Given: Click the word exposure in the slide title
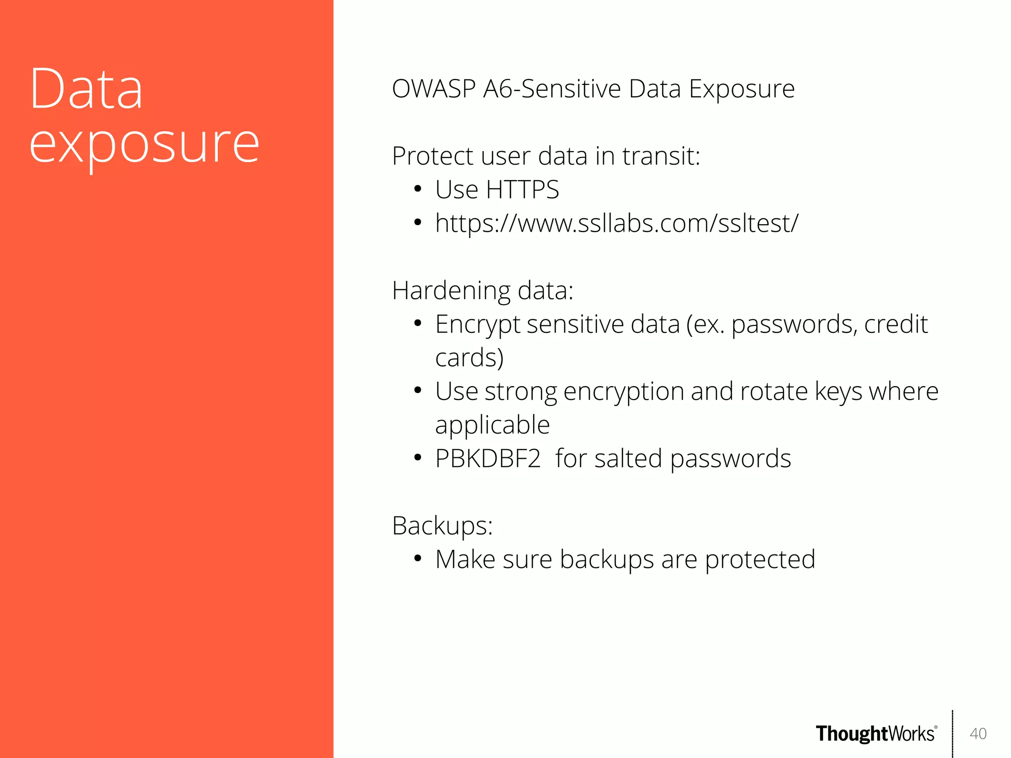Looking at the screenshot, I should tap(144, 144).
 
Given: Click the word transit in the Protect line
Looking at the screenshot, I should tap(661, 156).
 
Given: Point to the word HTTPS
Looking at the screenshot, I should tap(522, 190).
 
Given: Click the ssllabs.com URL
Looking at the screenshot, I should tap(616, 223).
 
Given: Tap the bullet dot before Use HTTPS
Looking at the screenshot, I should tap(418, 189).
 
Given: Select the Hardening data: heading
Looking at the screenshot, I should tap(482, 290).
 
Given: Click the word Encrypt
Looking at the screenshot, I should tap(477, 324).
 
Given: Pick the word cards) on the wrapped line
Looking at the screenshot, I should tap(469, 358).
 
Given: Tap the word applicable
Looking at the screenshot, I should tap(492, 425).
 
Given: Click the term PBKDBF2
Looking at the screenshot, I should tap(488, 459).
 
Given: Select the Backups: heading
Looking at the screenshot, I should tap(442, 525).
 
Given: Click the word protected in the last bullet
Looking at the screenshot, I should tap(760, 559).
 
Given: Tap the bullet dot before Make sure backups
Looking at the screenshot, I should tap(418, 559).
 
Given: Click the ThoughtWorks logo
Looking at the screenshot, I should tap(876, 734).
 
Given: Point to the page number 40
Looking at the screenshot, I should tap(978, 734).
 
